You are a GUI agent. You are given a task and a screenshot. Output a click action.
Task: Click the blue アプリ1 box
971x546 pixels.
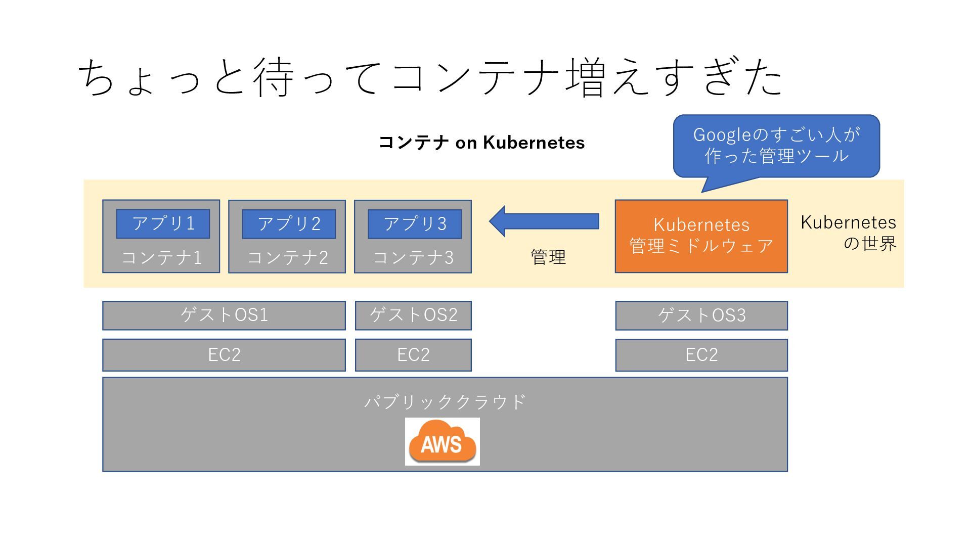(x=163, y=223)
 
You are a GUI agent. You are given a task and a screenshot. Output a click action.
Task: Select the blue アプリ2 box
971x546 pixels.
(x=289, y=224)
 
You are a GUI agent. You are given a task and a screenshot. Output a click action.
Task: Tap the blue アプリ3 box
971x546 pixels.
(x=415, y=224)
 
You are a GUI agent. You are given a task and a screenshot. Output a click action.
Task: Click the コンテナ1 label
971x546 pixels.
(x=161, y=258)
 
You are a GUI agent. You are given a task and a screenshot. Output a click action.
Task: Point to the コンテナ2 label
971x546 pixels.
(x=287, y=258)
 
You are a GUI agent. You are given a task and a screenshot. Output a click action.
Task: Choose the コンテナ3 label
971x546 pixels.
(x=413, y=258)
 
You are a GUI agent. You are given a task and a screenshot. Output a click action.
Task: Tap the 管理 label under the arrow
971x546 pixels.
(x=548, y=257)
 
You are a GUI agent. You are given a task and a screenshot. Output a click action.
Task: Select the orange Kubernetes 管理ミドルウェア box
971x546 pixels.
(x=701, y=236)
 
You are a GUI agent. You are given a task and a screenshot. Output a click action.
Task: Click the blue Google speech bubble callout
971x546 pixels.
(x=776, y=146)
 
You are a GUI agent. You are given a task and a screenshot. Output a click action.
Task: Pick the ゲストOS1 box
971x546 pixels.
(x=224, y=315)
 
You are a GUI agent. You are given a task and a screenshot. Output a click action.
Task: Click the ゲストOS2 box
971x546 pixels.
(x=413, y=315)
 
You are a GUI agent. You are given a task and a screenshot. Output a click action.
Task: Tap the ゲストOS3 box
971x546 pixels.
(x=701, y=315)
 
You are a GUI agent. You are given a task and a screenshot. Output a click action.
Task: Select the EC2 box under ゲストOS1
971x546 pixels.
(x=224, y=355)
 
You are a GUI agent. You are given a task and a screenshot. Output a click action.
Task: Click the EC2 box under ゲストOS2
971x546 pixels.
(x=413, y=355)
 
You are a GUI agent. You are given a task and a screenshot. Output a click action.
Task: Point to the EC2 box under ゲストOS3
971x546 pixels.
(x=701, y=355)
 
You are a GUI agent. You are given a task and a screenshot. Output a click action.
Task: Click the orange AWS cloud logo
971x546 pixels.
(x=442, y=442)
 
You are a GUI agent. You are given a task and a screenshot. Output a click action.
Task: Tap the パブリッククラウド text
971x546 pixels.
(x=445, y=402)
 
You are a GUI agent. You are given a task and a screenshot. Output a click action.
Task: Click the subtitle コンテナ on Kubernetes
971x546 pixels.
(x=481, y=143)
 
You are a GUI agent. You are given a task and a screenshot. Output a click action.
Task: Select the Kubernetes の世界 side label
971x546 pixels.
(x=849, y=233)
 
